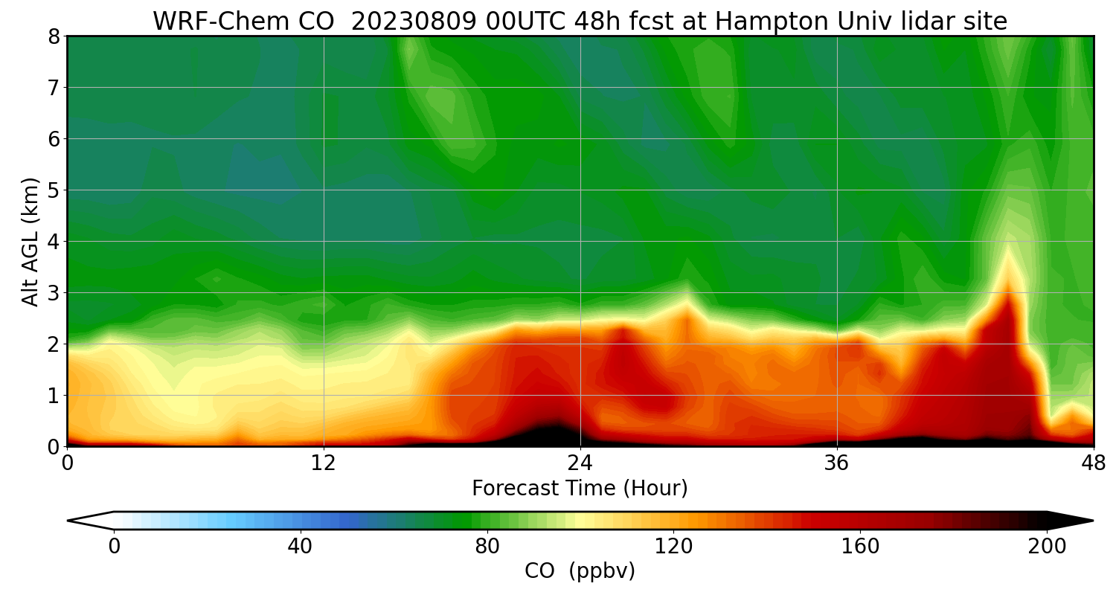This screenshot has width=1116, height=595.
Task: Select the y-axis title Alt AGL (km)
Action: (x=31, y=241)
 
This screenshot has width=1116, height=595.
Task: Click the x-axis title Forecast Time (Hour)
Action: (x=580, y=488)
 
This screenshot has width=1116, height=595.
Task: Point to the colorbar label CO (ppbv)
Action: (x=580, y=570)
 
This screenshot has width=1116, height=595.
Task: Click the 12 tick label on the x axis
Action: (x=324, y=463)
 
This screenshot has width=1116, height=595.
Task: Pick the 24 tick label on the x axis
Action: (x=580, y=463)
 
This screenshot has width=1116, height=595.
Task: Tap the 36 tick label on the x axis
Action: (x=837, y=463)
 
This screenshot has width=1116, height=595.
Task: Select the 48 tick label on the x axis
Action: (x=1092, y=463)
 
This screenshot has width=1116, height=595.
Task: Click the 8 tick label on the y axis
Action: (x=53, y=36)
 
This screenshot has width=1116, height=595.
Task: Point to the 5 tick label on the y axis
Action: (x=53, y=190)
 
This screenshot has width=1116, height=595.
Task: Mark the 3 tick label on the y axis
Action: (x=53, y=293)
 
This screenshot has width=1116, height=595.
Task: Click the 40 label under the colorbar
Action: (x=301, y=547)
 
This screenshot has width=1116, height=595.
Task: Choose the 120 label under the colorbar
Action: (x=674, y=547)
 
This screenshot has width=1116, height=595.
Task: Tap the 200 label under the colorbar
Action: (x=1047, y=547)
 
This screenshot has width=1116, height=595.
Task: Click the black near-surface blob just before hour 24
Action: (x=551, y=434)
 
